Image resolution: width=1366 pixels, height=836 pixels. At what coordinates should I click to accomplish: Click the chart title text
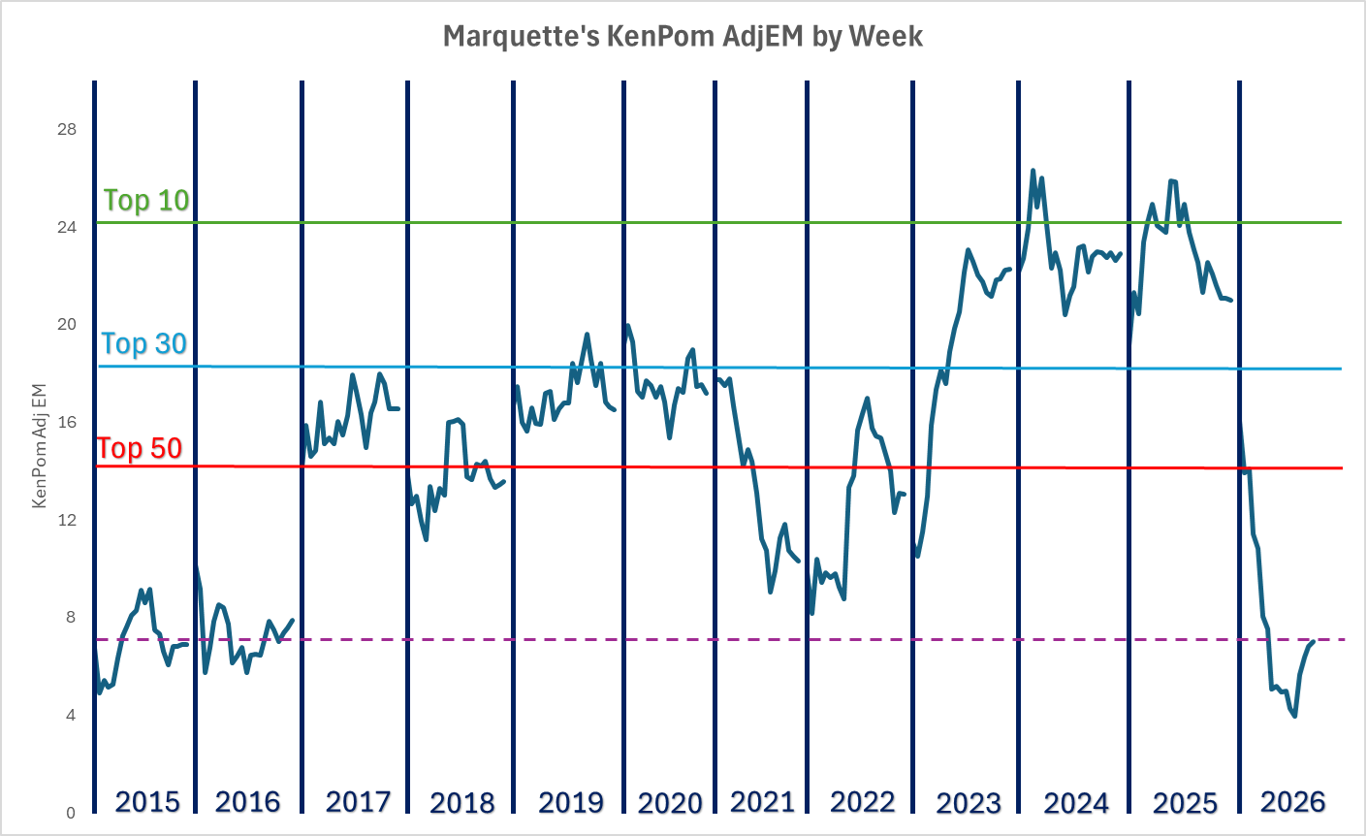[x=683, y=37]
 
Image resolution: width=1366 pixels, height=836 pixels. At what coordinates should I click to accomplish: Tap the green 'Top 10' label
[x=146, y=200]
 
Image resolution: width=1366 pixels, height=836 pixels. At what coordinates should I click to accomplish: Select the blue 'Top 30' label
[x=144, y=343]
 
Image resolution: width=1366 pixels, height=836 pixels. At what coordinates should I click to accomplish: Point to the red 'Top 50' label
[x=140, y=448]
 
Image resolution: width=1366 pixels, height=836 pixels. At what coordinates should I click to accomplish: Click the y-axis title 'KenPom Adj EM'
[x=40, y=445]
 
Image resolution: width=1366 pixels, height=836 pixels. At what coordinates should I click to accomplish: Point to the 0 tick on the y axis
[x=70, y=813]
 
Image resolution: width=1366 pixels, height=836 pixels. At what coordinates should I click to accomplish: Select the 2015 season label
[x=147, y=802]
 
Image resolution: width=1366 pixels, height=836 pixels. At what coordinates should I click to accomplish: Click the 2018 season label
[x=461, y=803]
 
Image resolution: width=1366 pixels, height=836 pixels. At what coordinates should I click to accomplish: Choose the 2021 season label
[x=762, y=801]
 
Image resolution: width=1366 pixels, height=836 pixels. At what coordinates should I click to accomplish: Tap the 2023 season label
[x=969, y=803]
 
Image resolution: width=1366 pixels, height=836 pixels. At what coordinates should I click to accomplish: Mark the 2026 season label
[x=1292, y=801]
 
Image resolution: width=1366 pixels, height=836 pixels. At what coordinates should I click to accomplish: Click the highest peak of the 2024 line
[x=1032, y=171]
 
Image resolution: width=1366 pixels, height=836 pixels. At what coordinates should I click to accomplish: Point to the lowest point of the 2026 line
[x=1295, y=716]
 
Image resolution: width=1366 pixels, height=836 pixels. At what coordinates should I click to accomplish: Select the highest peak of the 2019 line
[x=587, y=335]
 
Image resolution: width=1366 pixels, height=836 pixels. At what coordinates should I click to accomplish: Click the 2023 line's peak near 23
[x=968, y=250]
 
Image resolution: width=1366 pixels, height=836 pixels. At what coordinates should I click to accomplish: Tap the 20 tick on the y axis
[x=67, y=325]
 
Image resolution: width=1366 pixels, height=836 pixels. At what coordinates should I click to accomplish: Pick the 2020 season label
[x=670, y=803]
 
